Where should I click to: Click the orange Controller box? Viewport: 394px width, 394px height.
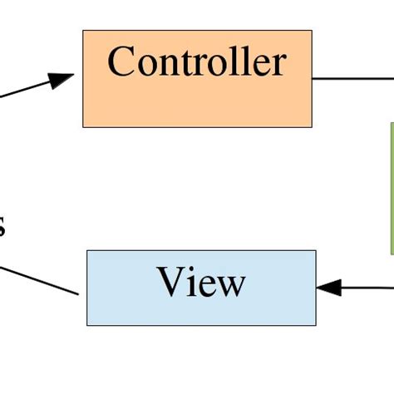[197, 104]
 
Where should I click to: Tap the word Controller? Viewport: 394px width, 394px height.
[197, 62]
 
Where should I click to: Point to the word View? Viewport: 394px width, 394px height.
[201, 283]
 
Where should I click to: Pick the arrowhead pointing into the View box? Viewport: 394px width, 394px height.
[329, 288]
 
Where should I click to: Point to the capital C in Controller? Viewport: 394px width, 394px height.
[121, 62]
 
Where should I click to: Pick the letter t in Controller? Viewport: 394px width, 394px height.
[193, 63]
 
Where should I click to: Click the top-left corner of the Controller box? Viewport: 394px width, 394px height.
[82, 31]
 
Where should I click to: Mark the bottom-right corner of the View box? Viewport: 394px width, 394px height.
[316, 325]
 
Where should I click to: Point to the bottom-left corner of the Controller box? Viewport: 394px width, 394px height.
[82, 127]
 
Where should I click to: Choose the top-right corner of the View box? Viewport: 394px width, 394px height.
[316, 250]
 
